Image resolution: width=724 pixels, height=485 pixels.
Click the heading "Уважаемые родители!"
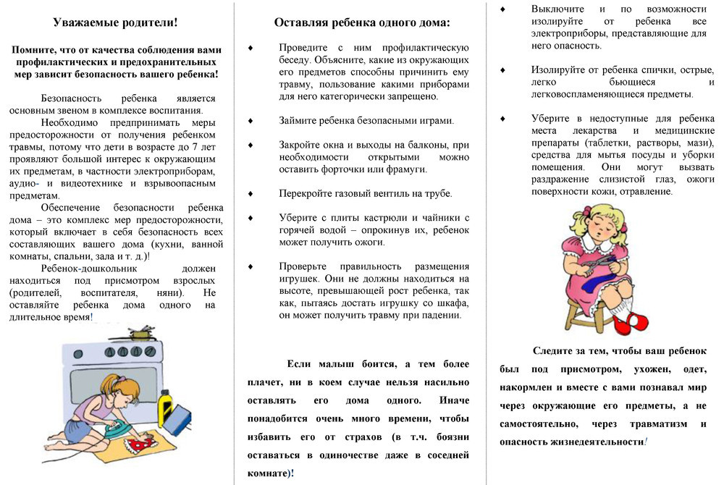pyautogui.click(x=115, y=22)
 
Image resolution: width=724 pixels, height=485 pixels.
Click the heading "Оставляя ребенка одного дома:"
pyautogui.click(x=362, y=22)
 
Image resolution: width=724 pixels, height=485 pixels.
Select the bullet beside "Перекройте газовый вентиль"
pyautogui.click(x=250, y=193)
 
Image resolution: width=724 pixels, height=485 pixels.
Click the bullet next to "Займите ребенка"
pyautogui.click(x=250, y=120)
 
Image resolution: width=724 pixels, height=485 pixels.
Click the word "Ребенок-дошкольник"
pyautogui.click(x=88, y=268)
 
